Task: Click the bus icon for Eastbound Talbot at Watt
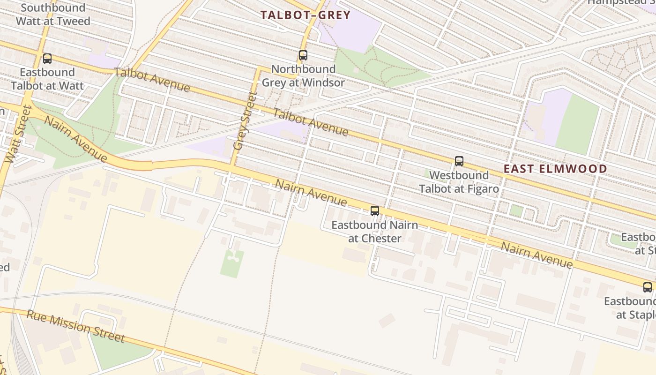[47, 59]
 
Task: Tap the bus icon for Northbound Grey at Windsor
[303, 55]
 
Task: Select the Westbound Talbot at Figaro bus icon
[459, 161]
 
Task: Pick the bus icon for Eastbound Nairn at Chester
[375, 211]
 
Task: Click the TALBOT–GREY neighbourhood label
[306, 15]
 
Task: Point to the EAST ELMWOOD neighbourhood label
[555, 169]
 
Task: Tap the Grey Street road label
[245, 121]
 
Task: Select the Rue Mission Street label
[75, 326]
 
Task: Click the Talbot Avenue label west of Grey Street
[152, 80]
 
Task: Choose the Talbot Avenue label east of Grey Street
[311, 122]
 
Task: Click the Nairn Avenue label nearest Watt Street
[75, 139]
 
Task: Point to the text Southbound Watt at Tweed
[53, 15]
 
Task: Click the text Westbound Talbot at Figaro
[459, 182]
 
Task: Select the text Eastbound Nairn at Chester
[374, 232]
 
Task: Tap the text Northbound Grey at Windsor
[303, 76]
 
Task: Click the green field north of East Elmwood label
[578, 125]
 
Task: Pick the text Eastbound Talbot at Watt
[47, 79]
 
